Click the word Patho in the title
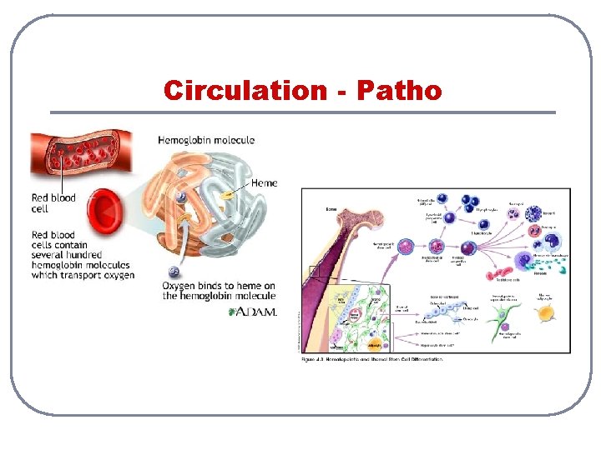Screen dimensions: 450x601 pos(399,90)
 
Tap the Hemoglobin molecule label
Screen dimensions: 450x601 pos(206,140)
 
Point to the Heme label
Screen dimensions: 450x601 pos(264,182)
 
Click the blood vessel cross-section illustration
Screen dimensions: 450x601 pos(80,158)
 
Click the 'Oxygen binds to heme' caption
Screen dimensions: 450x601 pos(219,291)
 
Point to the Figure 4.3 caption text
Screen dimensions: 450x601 pos(371,359)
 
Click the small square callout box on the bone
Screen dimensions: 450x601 pos(314,270)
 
